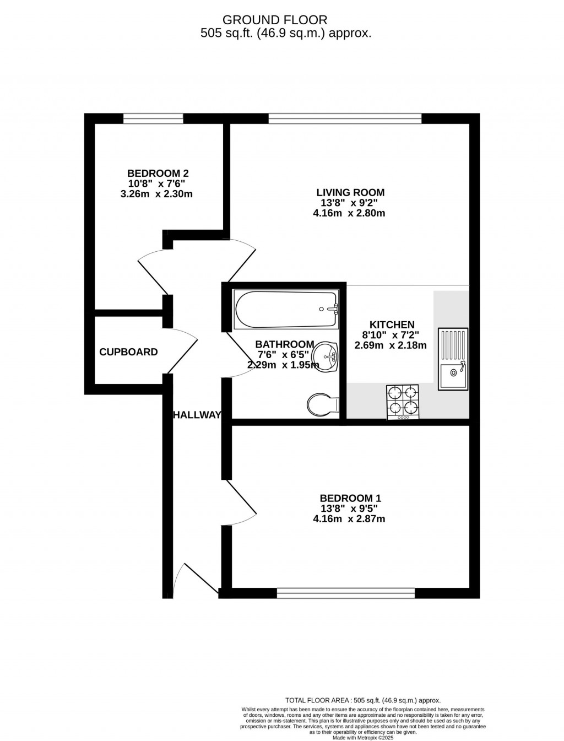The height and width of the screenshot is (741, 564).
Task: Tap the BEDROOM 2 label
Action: point(158,173)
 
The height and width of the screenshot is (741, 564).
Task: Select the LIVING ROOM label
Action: point(350,192)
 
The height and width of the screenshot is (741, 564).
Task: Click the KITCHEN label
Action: point(392,325)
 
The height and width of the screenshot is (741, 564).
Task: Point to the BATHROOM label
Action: point(284,344)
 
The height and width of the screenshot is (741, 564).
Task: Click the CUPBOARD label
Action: point(128,352)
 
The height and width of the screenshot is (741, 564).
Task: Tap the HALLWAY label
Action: point(197,415)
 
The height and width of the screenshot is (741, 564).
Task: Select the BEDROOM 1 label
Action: point(350,498)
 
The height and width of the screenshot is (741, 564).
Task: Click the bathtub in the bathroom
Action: point(286,309)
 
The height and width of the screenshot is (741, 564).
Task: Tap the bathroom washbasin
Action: point(327,356)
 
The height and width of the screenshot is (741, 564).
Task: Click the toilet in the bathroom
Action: point(322,405)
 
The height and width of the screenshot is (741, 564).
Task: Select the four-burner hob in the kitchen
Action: point(403,401)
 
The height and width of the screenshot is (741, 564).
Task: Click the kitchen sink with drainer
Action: point(453,359)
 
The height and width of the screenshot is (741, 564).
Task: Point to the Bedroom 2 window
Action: point(153,118)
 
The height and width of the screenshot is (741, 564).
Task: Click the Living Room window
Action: point(345,118)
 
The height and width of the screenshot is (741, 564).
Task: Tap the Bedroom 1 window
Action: point(345,593)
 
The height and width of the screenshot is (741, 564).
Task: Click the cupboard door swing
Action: point(182,353)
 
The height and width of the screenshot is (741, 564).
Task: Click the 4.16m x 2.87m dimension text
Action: point(349,519)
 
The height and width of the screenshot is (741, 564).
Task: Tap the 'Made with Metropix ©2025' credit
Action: point(363,737)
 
